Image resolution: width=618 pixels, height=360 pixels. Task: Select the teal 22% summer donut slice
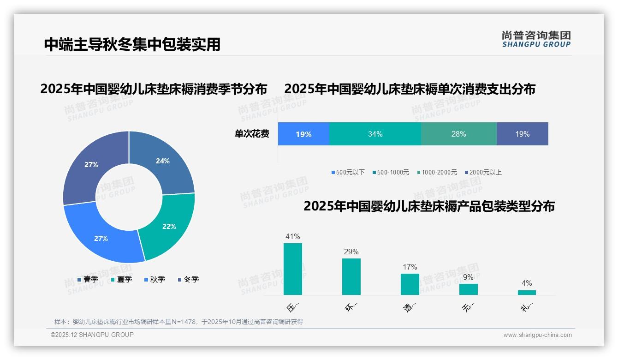click(169, 226)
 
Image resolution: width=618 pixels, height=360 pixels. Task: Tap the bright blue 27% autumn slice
click(101, 238)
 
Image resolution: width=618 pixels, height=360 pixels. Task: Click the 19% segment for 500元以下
click(303, 134)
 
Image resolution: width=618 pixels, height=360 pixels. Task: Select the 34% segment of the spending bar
click(375, 134)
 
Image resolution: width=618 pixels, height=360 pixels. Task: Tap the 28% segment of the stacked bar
click(458, 134)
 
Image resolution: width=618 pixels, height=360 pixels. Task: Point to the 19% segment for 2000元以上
click(522, 134)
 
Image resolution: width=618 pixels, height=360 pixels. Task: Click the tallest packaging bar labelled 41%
click(292, 269)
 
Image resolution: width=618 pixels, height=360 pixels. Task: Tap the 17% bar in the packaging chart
click(410, 284)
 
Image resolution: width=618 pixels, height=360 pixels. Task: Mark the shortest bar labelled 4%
click(527, 292)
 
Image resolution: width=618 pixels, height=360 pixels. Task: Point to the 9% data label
click(468, 277)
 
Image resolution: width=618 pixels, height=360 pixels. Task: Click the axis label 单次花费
click(252, 134)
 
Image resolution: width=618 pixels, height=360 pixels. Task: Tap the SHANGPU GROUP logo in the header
click(536, 39)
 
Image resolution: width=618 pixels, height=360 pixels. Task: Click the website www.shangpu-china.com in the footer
click(537, 335)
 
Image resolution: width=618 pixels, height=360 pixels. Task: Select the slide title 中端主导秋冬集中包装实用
click(132, 44)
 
